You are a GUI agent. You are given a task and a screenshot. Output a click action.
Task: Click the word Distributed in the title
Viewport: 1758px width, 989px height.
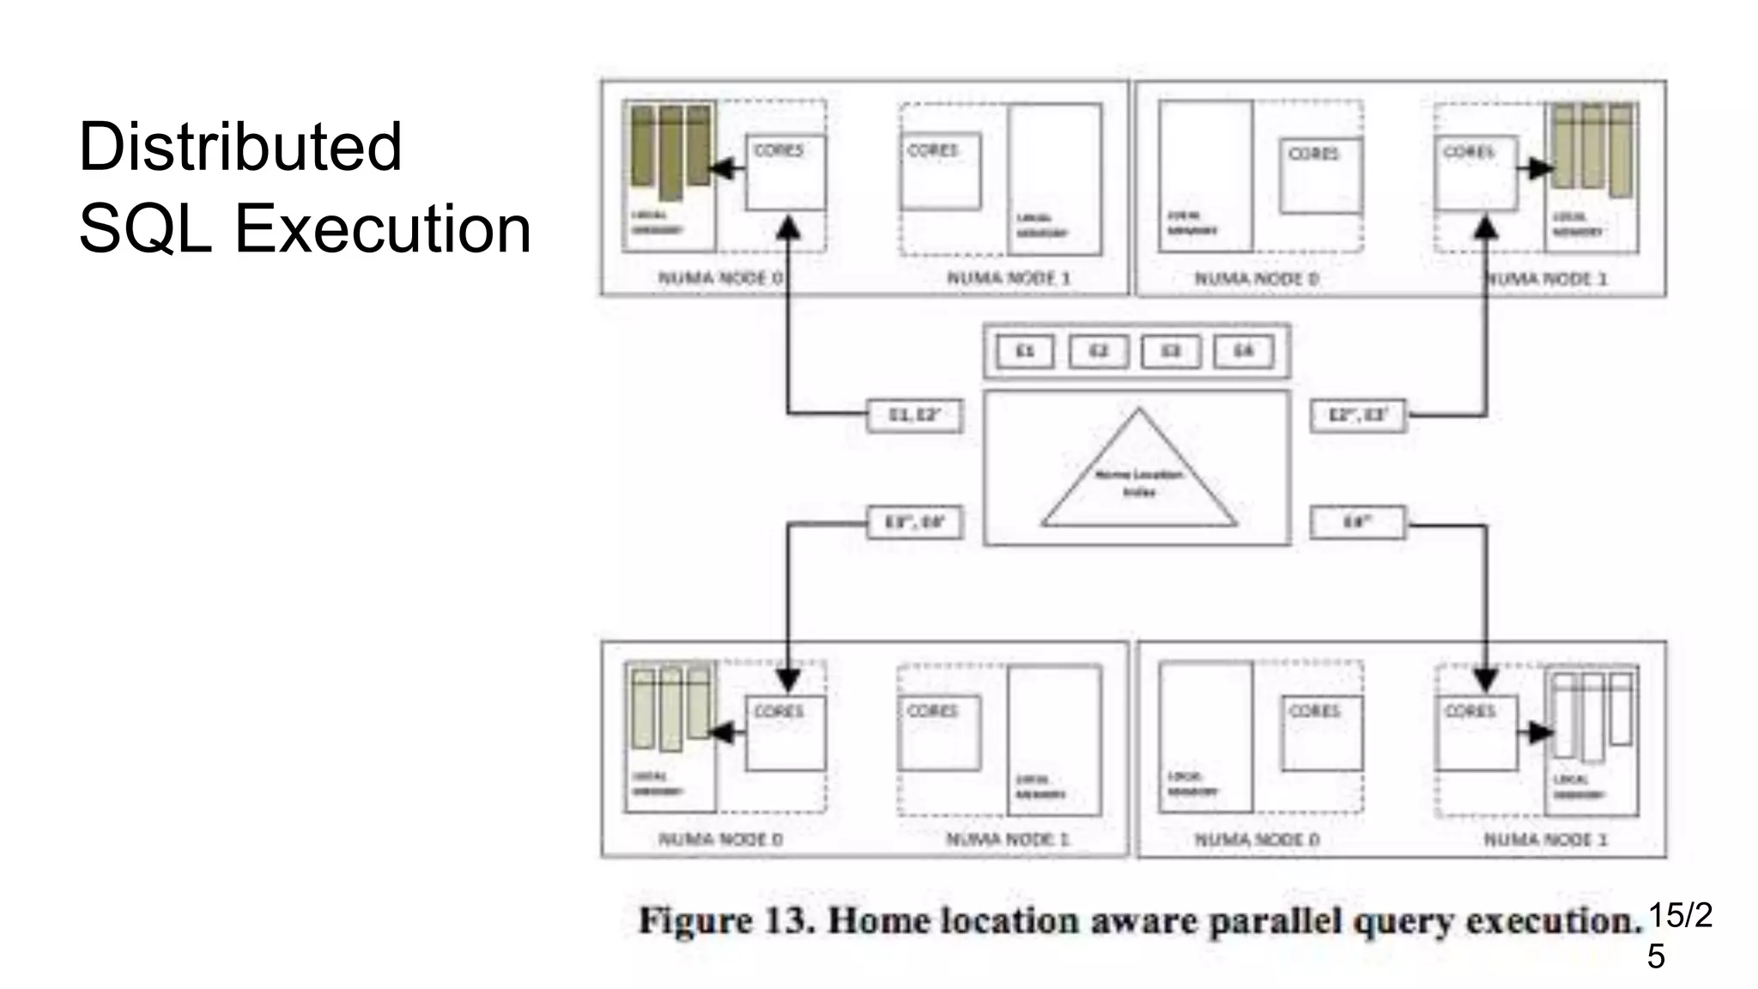(x=239, y=147)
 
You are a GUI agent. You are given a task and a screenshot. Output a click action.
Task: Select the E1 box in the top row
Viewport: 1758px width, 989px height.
(x=1025, y=351)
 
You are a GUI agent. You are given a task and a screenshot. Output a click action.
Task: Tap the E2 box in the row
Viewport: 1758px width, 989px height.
(x=1098, y=351)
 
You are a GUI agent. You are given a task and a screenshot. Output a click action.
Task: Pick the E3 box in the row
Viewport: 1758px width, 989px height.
(x=1171, y=351)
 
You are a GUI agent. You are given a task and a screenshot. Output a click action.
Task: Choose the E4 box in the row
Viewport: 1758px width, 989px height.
(x=1243, y=351)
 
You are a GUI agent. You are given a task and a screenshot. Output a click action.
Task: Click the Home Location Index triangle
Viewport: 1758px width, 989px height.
(x=1138, y=481)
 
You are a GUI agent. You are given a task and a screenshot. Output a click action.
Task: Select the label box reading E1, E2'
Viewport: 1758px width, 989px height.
(x=915, y=416)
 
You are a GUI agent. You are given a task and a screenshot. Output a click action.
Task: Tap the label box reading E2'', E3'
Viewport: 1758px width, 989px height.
(x=1358, y=416)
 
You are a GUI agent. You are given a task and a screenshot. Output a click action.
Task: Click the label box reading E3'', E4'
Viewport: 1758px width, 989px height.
(x=915, y=522)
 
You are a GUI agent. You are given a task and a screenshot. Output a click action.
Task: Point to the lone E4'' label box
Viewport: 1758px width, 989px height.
(x=1358, y=522)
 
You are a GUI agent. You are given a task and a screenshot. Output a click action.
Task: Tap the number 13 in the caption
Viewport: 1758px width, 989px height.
(x=789, y=921)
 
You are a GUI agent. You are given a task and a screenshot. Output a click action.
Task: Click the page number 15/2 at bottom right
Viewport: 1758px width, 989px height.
(x=1679, y=915)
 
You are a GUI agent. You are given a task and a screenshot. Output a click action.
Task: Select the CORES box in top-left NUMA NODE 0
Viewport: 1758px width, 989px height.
(x=785, y=172)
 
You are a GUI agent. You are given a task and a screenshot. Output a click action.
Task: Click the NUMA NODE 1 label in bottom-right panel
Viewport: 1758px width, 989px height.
(x=1545, y=840)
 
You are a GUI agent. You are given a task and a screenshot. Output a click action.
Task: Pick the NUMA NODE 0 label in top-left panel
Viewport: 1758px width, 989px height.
(x=720, y=278)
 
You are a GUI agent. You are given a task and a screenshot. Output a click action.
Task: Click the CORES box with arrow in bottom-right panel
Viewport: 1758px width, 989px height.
(x=1477, y=732)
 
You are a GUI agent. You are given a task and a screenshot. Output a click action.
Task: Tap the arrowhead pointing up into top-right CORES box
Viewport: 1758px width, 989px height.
(x=1486, y=228)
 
